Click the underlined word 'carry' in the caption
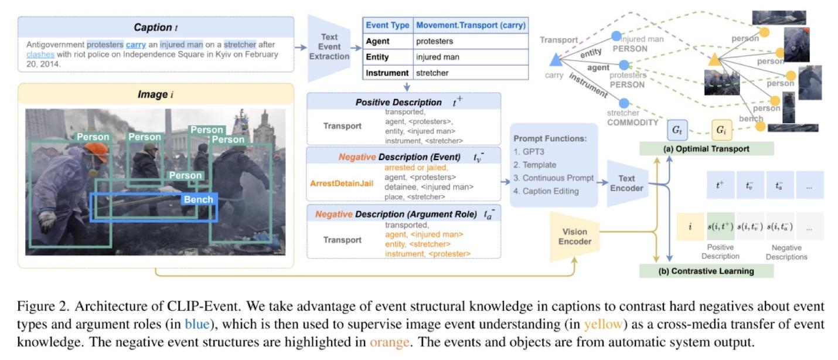point(135,44)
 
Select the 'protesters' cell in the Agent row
point(434,42)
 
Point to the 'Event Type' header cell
point(387,26)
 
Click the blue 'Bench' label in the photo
point(199,200)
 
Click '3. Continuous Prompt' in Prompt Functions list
point(553,178)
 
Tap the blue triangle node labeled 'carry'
point(554,59)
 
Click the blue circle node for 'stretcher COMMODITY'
point(624,103)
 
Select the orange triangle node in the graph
point(714,59)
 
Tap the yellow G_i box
point(721,128)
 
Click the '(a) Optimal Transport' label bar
point(706,149)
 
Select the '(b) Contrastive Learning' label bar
point(706,271)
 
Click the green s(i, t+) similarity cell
point(720,226)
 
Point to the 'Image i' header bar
point(155,93)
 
